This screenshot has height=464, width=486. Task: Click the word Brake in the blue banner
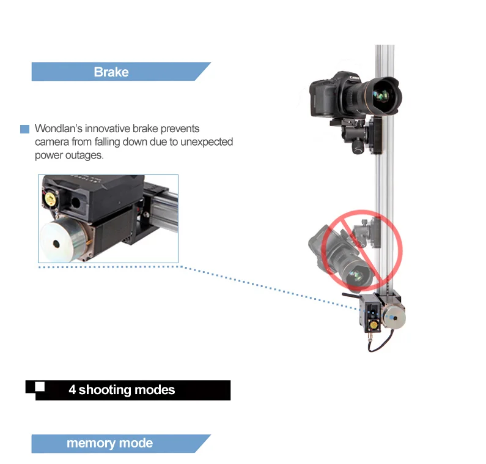[x=111, y=72]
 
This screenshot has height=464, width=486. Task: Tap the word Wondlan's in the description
[x=58, y=129]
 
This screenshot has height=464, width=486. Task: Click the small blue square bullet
[x=25, y=129]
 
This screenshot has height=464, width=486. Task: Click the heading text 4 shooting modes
[x=122, y=390]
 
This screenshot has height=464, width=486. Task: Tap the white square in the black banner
[x=40, y=387]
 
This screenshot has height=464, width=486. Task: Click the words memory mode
[x=109, y=443]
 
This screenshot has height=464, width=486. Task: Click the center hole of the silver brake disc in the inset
[x=56, y=244]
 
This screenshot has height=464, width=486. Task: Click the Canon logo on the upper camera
[x=355, y=77]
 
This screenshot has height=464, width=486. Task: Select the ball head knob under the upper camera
[x=358, y=149]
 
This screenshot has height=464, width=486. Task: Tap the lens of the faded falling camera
[x=356, y=275]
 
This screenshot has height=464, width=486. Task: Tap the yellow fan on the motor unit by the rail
[x=374, y=325]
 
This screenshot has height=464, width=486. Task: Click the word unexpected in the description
[x=207, y=142]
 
